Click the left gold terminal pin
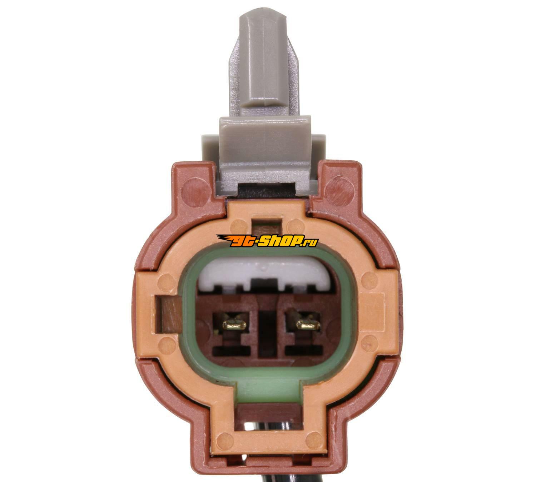[x=235, y=325]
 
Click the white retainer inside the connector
[x=267, y=275]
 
